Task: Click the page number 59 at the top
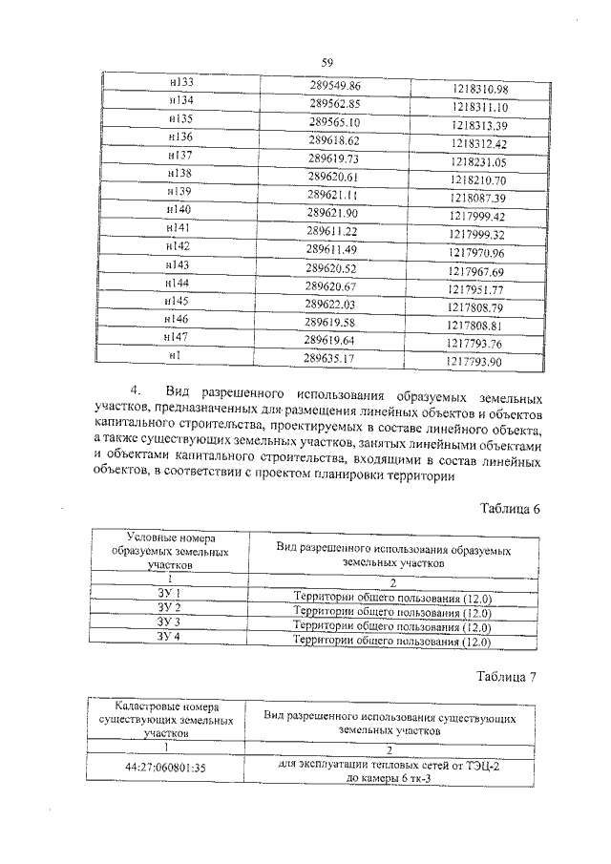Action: pos(327,63)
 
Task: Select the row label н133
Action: pos(180,83)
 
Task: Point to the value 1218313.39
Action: pos(479,125)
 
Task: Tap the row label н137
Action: pos(179,155)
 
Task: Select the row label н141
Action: pos(178,230)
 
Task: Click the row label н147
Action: pos(176,337)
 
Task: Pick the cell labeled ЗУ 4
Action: pos(168,638)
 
